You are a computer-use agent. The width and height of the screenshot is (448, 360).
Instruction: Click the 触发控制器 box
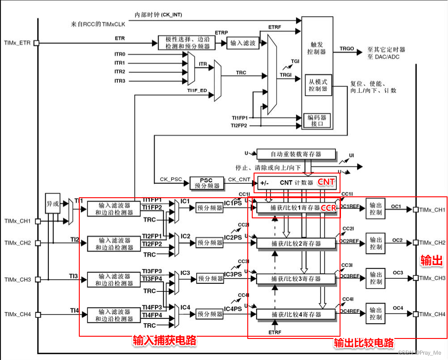tap(317, 48)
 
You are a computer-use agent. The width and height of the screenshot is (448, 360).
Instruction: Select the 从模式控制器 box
tap(318, 85)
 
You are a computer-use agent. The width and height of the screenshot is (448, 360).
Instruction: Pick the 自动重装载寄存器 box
tap(296, 155)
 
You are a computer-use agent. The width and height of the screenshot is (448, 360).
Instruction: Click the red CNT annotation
tap(326, 182)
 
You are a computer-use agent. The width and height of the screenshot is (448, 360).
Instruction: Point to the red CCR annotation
tap(329, 208)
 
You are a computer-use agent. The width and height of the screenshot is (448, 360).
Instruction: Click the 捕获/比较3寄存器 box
tap(296, 278)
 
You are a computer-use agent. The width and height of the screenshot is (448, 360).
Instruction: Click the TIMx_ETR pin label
tap(17, 43)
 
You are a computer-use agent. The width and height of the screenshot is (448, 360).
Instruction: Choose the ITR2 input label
tap(120, 72)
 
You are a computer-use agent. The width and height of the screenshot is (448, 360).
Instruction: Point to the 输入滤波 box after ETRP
tap(243, 43)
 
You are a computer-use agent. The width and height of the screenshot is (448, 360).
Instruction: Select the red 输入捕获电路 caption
tap(164, 341)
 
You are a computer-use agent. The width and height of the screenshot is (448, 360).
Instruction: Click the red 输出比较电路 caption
tap(364, 343)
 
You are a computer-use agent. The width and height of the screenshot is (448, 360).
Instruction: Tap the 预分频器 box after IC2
tap(210, 243)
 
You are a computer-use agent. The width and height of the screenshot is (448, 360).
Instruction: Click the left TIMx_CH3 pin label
tap(17, 279)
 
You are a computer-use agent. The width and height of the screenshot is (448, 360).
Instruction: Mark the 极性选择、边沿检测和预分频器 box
tap(187, 43)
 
